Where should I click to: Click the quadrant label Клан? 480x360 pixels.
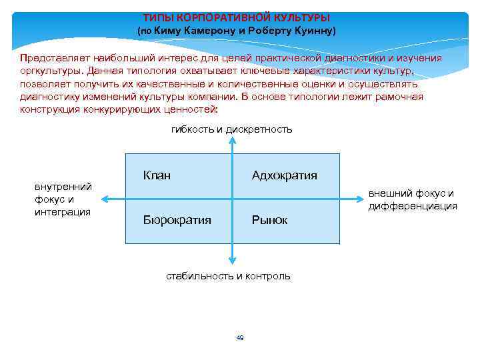coord(157,175)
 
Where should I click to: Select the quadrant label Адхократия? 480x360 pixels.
coord(284,175)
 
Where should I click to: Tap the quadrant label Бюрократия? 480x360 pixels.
coord(177,219)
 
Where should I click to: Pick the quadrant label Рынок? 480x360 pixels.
coord(269,219)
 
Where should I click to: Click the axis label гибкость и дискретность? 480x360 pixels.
coord(231,129)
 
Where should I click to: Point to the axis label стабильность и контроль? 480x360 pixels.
coord(228,275)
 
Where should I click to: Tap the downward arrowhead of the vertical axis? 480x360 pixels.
coord(232,261)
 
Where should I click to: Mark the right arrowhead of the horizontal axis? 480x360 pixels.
coord(359,197)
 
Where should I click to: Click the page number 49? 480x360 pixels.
coord(240,338)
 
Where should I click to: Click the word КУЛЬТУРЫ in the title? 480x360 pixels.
coord(301,17)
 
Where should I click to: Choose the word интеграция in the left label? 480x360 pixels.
coord(62,212)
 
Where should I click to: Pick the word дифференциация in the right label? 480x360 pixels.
coord(413,206)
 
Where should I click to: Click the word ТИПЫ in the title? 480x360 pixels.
coord(157,17)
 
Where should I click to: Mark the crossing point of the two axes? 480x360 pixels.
coord(232,197)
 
